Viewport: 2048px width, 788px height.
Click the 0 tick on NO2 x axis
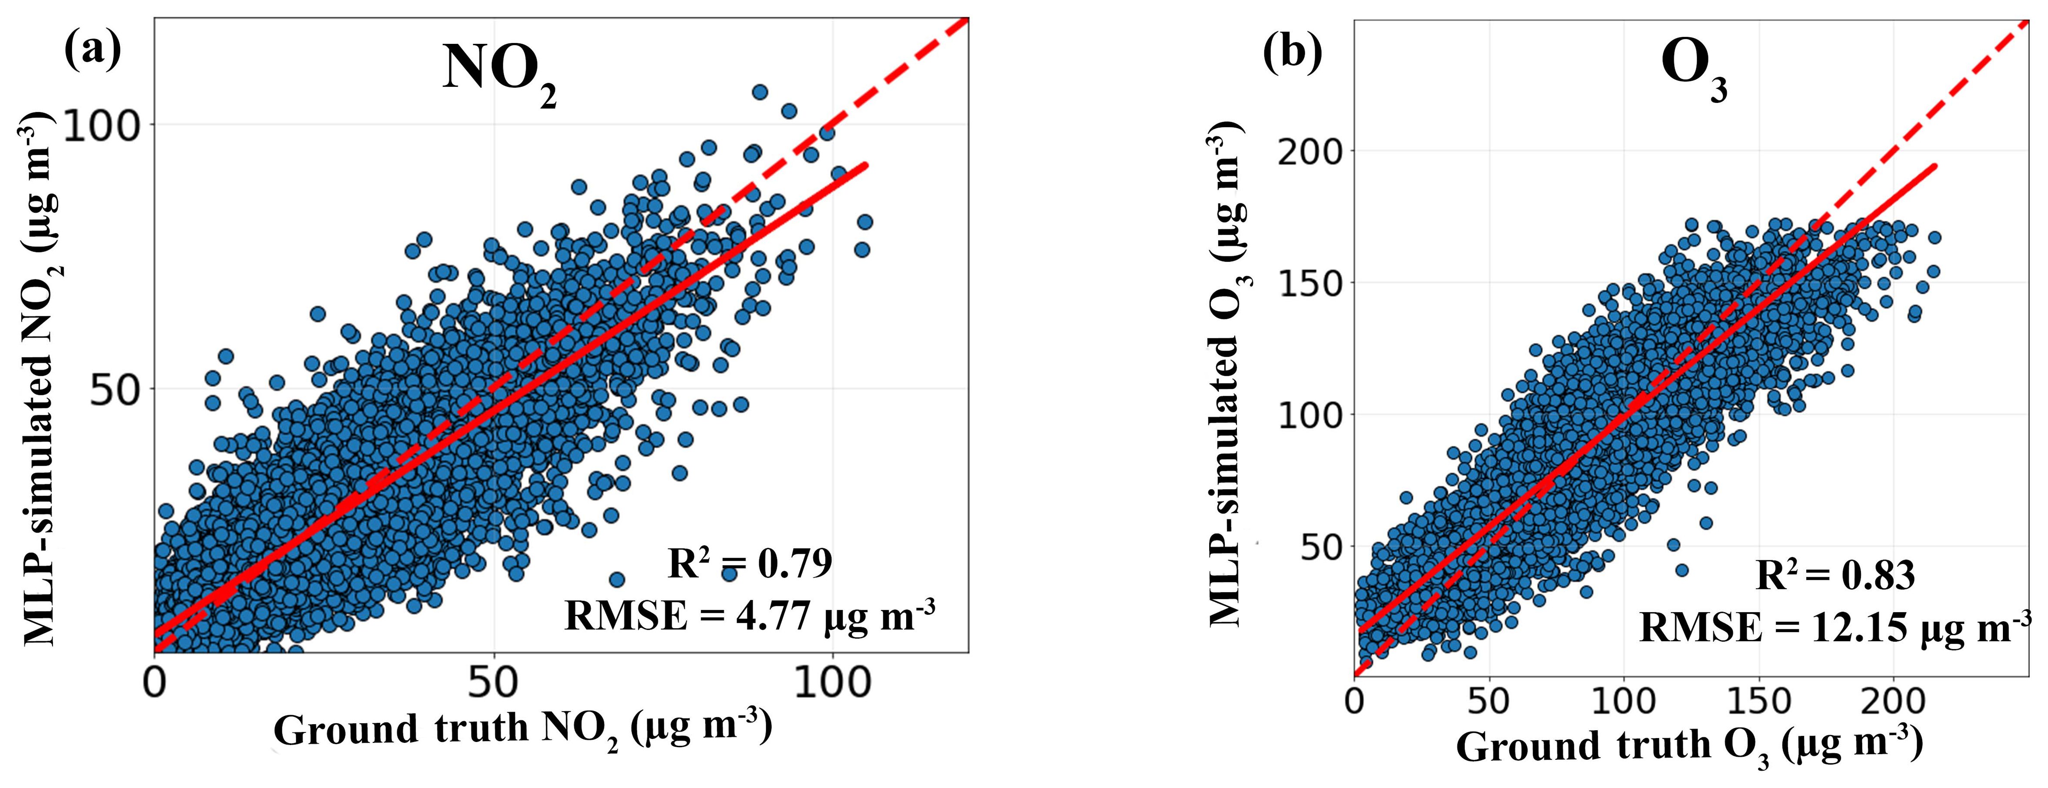(x=155, y=682)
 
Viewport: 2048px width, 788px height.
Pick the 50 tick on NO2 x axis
(x=494, y=682)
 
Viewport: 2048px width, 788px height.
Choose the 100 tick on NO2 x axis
(x=832, y=682)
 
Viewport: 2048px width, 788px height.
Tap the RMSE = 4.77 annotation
(x=749, y=615)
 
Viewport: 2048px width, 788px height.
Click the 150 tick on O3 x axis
(x=1758, y=701)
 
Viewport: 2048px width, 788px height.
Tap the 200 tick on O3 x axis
(x=1893, y=701)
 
